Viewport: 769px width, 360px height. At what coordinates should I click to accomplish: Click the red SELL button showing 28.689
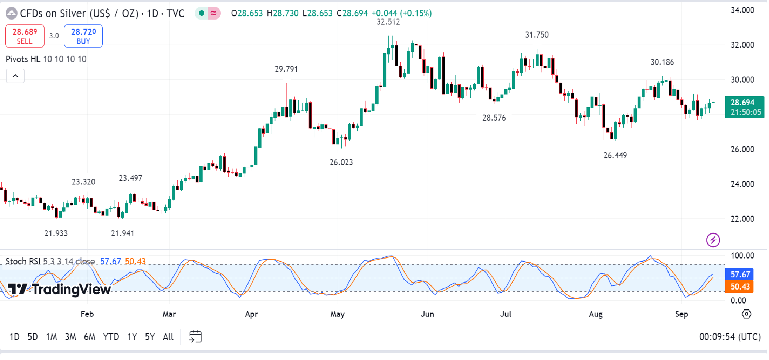[x=25, y=36]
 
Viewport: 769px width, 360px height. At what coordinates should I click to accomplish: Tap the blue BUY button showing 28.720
[x=83, y=36]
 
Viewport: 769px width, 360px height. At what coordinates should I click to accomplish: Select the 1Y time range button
[x=132, y=337]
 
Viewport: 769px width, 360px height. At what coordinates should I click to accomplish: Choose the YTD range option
[x=111, y=337]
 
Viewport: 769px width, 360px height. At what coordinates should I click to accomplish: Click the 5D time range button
[x=32, y=337]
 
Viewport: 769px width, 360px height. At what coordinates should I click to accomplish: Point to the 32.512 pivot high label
[x=388, y=22]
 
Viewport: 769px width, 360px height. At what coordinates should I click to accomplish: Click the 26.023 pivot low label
[x=341, y=162]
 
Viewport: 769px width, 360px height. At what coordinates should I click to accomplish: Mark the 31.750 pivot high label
[x=537, y=35]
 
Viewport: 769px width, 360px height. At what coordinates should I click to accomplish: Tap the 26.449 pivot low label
[x=615, y=155]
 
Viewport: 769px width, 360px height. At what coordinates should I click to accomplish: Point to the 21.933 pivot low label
[x=56, y=233]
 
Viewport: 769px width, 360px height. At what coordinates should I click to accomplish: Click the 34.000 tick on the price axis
[x=742, y=10]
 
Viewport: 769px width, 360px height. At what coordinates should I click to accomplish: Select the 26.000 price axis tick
[x=742, y=149]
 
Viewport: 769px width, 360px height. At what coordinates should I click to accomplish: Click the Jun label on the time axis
[x=427, y=314]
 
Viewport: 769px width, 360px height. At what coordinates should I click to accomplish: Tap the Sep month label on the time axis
[x=681, y=314]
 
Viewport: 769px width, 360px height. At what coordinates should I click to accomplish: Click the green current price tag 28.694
[x=744, y=107]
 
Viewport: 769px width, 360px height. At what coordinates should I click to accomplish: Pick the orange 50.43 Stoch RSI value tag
[x=740, y=287]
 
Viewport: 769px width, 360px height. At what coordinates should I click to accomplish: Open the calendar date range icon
[x=195, y=336]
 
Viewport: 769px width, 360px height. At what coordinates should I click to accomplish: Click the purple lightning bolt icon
[x=713, y=240]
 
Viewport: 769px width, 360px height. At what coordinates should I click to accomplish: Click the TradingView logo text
[x=59, y=289]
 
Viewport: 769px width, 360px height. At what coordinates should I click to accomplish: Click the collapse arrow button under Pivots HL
[x=15, y=76]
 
